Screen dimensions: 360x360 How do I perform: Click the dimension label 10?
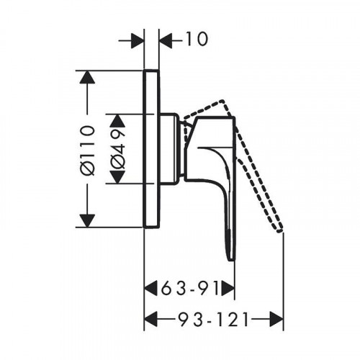pos(197,39)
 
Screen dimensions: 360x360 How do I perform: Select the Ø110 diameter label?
pos(87,149)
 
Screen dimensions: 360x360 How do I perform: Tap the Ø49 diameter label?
pos(117,149)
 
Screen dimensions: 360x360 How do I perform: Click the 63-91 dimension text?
pos(190,288)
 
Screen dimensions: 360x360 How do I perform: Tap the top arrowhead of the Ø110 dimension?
pos(87,77)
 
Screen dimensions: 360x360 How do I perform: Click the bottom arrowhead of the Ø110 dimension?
pos(87,220)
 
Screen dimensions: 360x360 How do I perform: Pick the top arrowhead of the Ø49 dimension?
pos(117,120)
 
